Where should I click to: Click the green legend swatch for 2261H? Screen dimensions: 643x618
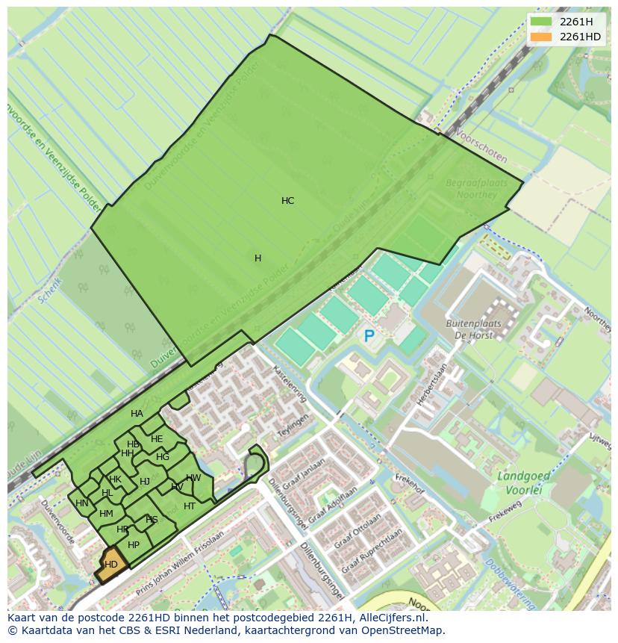(541, 22)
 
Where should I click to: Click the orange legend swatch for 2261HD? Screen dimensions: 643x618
(541, 37)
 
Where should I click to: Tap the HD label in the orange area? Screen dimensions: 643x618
(111, 565)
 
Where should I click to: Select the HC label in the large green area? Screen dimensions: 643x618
(287, 201)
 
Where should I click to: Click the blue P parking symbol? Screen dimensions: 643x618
(369, 337)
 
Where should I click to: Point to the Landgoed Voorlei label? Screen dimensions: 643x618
(524, 482)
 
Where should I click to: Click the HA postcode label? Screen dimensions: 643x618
(137, 414)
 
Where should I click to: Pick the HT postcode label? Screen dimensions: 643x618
(190, 506)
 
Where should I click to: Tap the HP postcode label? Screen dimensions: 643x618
(134, 545)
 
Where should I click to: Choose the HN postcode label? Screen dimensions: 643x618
(82, 503)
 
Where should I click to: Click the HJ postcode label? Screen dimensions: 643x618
(145, 482)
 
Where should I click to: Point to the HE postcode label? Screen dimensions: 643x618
(157, 439)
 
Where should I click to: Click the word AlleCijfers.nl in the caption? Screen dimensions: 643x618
(389, 618)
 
